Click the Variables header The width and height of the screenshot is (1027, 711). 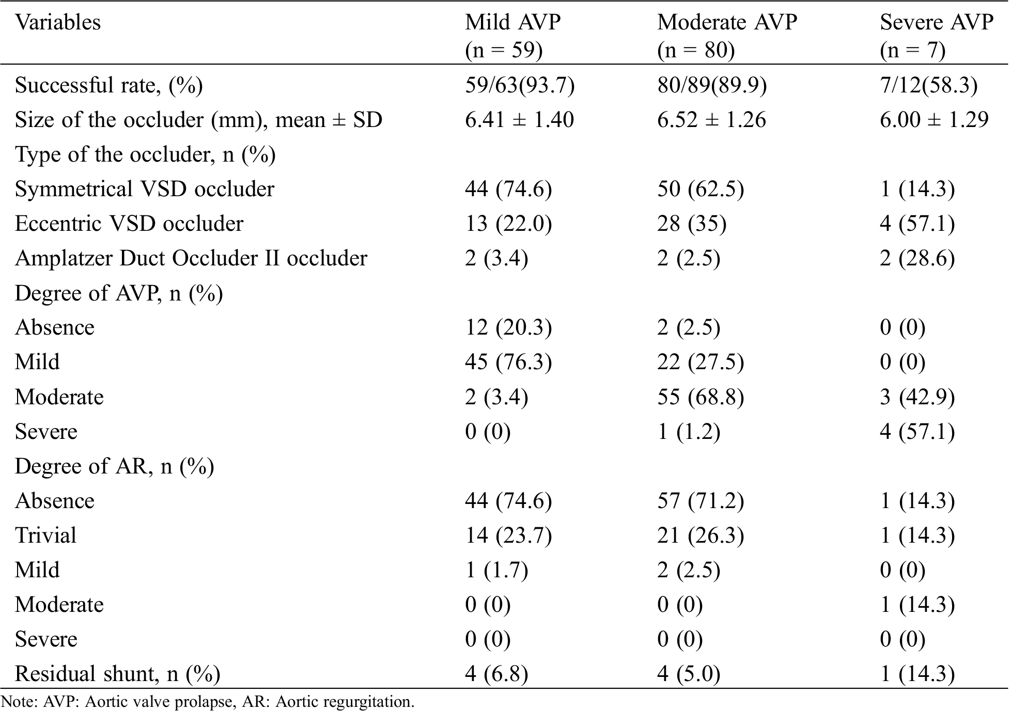coord(58,23)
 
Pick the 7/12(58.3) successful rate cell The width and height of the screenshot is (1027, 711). coord(928,85)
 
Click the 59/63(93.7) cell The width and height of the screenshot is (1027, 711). coord(519,85)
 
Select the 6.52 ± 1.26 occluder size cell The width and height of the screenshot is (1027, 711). coord(711,120)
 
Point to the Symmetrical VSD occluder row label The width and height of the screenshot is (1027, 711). coord(145,189)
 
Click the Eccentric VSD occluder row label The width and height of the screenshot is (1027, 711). coord(129,224)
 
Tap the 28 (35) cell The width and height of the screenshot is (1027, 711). coord(692,224)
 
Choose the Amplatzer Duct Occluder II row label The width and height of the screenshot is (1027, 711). coord(191,258)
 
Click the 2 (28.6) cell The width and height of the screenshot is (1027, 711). coord(917,258)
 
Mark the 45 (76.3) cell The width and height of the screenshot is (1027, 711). coord(508,362)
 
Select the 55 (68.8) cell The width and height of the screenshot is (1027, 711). coord(701,397)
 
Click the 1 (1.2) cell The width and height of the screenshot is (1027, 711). coord(689,432)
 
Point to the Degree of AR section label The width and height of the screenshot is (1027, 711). coord(114,466)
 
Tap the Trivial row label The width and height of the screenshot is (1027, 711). coord(45,535)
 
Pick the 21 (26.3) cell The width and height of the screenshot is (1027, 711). coord(701,535)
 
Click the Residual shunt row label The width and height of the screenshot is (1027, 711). coord(117,674)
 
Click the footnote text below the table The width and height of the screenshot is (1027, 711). coord(208,702)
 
